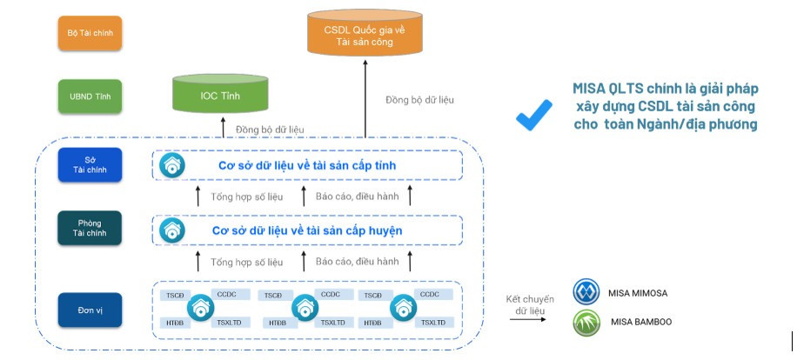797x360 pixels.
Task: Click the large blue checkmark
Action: tap(533, 114)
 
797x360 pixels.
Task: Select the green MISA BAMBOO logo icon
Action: tap(587, 323)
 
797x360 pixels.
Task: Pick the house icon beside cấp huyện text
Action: tap(172, 230)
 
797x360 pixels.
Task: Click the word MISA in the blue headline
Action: tap(592, 89)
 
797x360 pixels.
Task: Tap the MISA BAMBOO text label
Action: tap(641, 323)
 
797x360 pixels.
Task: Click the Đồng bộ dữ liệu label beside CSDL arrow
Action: tap(419, 100)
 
